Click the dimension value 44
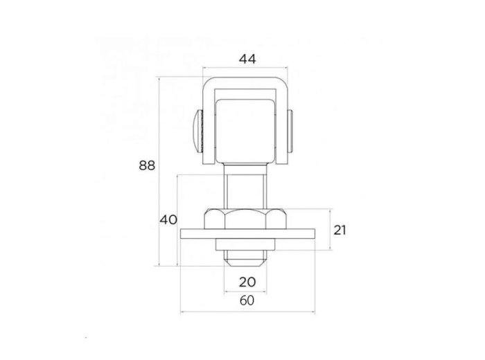tap(247, 59)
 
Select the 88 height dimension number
tap(147, 165)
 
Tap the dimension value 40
tap(168, 219)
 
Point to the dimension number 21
tap(339, 231)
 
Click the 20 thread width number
tap(247, 282)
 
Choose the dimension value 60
tap(247, 300)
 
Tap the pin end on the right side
tap(290, 132)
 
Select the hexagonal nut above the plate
tap(245, 219)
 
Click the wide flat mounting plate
tap(248, 234)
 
